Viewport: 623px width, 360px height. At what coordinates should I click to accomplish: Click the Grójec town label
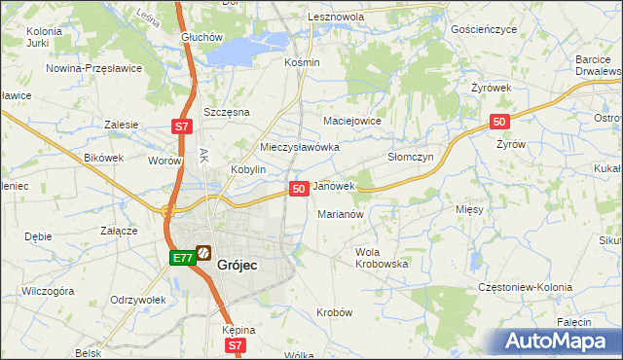coord(237,264)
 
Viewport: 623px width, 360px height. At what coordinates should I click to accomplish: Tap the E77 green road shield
coord(181,258)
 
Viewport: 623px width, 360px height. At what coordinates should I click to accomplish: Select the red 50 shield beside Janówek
coord(299,188)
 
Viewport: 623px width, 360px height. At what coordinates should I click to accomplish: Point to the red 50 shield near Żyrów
coord(499,122)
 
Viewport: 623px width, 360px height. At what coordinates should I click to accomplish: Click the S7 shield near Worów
coord(182,126)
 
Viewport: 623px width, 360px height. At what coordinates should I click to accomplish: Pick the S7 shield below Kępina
coord(235,345)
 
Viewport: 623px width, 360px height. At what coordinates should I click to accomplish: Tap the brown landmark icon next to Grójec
coord(204,254)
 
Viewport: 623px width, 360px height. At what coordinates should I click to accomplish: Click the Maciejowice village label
coord(351,122)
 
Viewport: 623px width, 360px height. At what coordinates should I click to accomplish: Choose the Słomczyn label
coord(410,157)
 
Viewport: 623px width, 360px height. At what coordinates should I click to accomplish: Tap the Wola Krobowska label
coord(381,258)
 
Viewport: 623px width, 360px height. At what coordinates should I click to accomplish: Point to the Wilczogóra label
coord(48,290)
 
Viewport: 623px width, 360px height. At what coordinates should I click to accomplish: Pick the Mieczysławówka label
coord(299,147)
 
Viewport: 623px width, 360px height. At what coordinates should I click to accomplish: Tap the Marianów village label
coord(341,214)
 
